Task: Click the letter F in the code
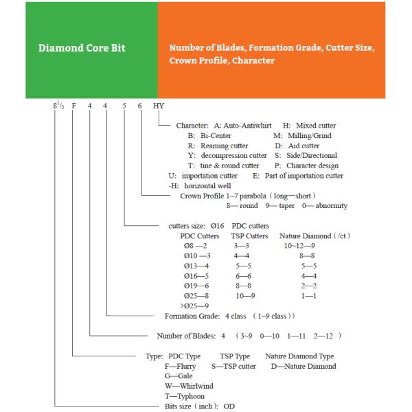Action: pos(73,106)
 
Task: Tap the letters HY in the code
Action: pos(159,106)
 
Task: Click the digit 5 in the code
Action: pos(125,106)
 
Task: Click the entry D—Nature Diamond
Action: pos(304,366)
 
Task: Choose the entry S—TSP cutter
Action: pos(233,366)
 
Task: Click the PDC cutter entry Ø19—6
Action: pos(197,284)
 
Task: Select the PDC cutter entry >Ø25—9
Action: pos(195,305)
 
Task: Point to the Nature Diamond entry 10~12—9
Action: pos(300,244)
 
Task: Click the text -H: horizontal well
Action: pos(200,185)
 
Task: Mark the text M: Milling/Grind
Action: pos(301,135)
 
